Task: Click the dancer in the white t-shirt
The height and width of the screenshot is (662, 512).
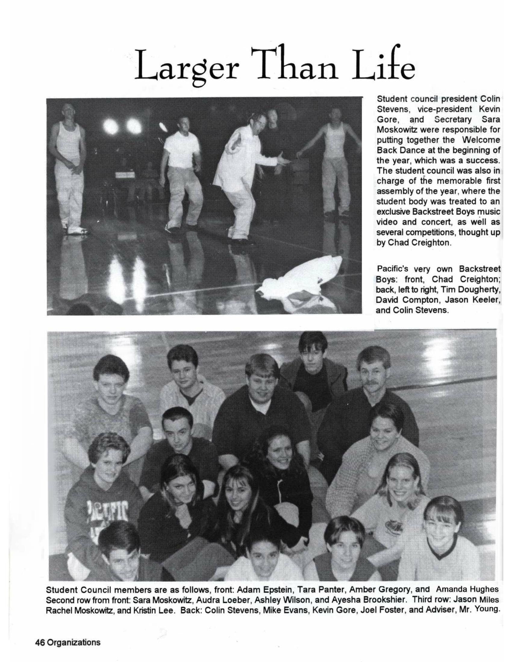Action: point(182,170)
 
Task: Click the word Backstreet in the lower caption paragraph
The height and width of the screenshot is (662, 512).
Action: point(479,269)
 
